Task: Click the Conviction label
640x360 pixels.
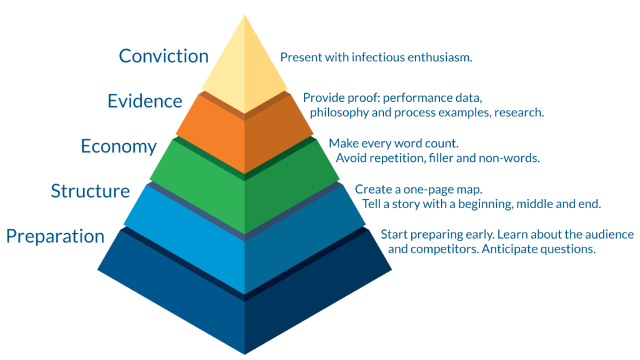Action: [x=164, y=56]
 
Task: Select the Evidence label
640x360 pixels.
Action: [x=145, y=101]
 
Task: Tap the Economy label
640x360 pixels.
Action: [x=119, y=147]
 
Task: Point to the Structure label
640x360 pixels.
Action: [x=90, y=191]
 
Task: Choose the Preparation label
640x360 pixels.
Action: [x=56, y=237]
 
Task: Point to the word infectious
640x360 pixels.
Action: [x=378, y=57]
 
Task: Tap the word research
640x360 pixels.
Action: [x=519, y=112]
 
